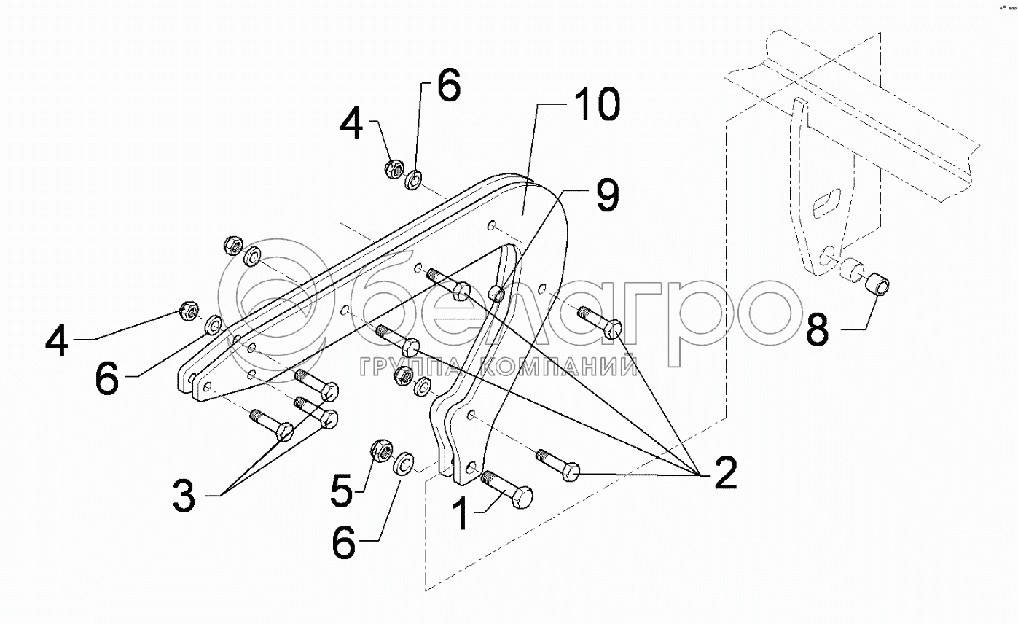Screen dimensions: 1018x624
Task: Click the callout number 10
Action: click(x=597, y=104)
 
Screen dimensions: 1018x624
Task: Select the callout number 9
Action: click(x=608, y=195)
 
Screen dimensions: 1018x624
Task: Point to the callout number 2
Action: click(x=726, y=473)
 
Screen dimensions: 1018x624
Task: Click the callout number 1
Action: click(x=462, y=514)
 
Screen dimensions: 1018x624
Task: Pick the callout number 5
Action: click(x=341, y=491)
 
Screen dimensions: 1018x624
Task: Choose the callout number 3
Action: click(x=184, y=496)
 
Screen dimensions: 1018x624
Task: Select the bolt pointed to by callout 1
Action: click(x=507, y=490)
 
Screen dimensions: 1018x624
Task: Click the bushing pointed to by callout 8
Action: click(x=878, y=284)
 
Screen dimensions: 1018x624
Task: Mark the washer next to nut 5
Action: click(x=403, y=463)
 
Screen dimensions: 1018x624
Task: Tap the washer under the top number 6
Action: click(x=413, y=179)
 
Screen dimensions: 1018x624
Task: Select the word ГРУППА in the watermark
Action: click(x=410, y=367)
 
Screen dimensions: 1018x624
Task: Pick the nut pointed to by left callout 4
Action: click(x=188, y=310)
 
